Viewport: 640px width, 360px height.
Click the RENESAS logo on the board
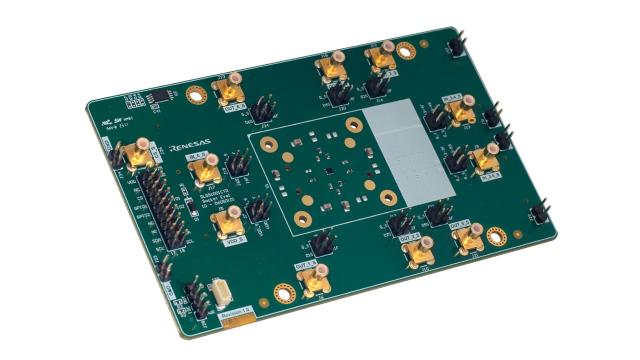190,148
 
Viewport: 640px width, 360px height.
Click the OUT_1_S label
305,265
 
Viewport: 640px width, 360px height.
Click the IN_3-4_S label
452,97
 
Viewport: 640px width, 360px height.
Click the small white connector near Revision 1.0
223,295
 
